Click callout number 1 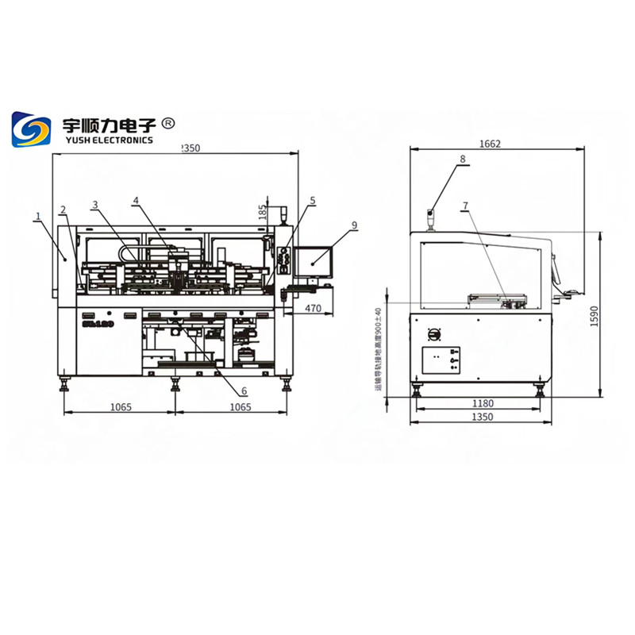pyautogui.click(x=37, y=215)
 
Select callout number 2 pyautogui.click(x=62, y=210)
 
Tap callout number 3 pyautogui.click(x=94, y=205)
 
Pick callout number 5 pyautogui.click(x=313, y=201)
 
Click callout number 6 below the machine pyautogui.click(x=244, y=391)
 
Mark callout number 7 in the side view pyautogui.click(x=465, y=206)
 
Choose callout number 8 pyautogui.click(x=462, y=160)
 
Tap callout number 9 pyautogui.click(x=355, y=225)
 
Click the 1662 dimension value pyautogui.click(x=490, y=144)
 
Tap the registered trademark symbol pyautogui.click(x=167, y=123)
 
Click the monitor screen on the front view pyautogui.click(x=313, y=259)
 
